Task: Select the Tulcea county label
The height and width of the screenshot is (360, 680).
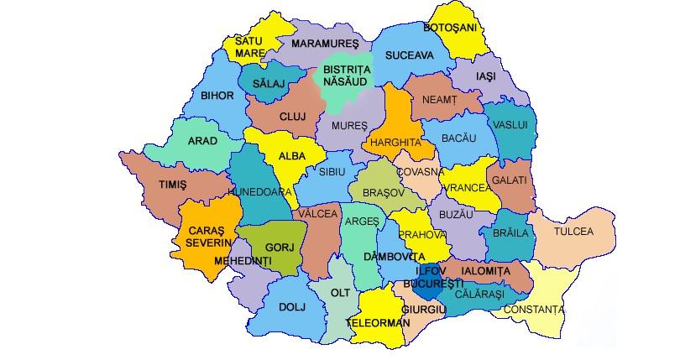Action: pyautogui.click(x=573, y=231)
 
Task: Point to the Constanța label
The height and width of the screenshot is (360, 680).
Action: pyautogui.click(x=534, y=310)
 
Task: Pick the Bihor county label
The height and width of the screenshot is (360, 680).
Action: pyautogui.click(x=217, y=96)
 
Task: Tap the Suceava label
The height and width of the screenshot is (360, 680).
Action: pyautogui.click(x=409, y=55)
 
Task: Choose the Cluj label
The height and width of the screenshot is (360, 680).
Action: pyautogui.click(x=292, y=117)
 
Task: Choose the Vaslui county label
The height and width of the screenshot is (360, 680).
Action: pyautogui.click(x=510, y=124)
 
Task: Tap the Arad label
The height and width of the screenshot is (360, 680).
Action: pyautogui.click(x=201, y=141)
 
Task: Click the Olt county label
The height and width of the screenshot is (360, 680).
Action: pyautogui.click(x=340, y=293)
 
